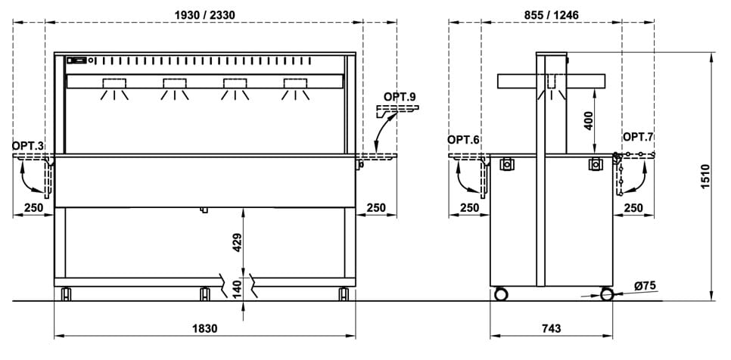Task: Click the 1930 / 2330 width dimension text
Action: (x=204, y=15)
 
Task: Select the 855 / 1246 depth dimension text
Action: (x=551, y=15)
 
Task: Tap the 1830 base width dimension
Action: (x=204, y=329)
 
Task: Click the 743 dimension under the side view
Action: (x=552, y=329)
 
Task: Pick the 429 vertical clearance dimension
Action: (x=238, y=242)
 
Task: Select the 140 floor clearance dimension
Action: (x=238, y=289)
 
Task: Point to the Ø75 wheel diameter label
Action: (x=645, y=285)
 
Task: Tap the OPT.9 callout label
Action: (x=400, y=97)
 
